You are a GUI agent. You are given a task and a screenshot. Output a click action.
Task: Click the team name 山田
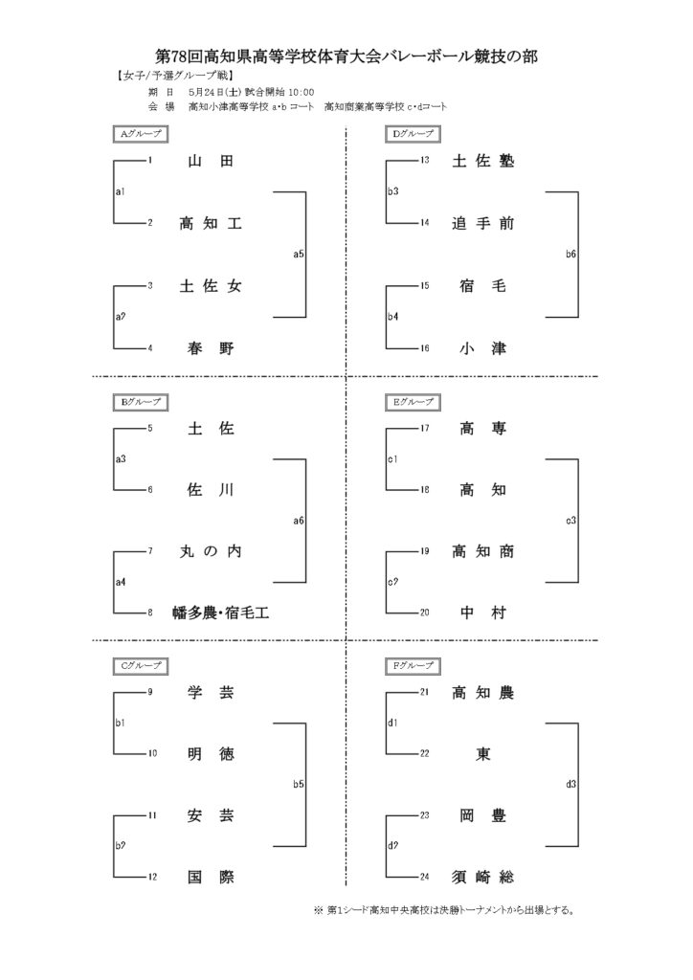click(211, 161)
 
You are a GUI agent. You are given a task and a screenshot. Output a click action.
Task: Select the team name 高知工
click(211, 223)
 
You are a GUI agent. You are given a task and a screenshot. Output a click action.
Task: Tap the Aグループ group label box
click(141, 134)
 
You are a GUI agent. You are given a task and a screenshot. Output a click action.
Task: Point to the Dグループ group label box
click(413, 134)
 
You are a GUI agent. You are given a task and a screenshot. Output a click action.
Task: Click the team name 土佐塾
click(483, 161)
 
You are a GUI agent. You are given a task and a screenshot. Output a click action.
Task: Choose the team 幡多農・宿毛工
click(220, 613)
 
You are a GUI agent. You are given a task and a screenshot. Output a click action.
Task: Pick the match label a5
click(299, 255)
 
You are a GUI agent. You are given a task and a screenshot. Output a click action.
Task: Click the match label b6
click(570, 255)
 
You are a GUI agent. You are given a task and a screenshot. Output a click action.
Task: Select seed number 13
click(425, 160)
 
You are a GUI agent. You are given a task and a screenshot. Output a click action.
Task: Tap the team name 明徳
click(211, 754)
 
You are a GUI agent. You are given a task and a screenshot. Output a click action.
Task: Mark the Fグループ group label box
click(413, 666)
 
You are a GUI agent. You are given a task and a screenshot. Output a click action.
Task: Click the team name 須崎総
click(483, 878)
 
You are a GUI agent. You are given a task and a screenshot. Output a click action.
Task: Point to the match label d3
click(570, 785)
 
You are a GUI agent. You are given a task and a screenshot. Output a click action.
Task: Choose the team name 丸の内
click(211, 551)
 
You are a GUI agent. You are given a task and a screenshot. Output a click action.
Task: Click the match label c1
click(392, 459)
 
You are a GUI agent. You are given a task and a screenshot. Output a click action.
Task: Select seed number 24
click(425, 877)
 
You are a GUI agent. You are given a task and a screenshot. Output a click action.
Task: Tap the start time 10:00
click(302, 93)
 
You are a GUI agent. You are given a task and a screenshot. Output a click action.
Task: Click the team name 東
click(483, 754)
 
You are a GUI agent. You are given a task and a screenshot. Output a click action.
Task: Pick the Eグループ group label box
click(413, 403)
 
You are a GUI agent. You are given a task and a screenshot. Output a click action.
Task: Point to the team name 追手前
click(483, 223)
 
